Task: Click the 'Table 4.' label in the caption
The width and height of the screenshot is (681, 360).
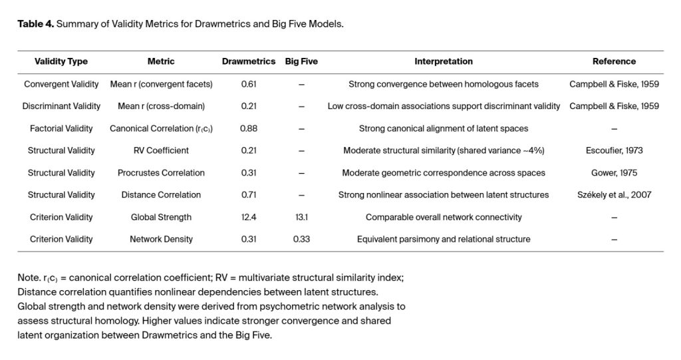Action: coord(35,24)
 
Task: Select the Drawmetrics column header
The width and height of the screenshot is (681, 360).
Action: coord(248,61)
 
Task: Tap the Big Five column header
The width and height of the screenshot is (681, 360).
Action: coord(301,61)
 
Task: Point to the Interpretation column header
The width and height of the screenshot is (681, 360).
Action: coord(443,61)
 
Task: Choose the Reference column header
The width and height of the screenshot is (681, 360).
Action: coord(614,61)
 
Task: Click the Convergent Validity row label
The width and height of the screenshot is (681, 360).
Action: coord(61,85)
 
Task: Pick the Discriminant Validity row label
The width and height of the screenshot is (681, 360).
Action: coord(61,106)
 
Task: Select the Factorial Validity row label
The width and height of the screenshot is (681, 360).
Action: coord(61,128)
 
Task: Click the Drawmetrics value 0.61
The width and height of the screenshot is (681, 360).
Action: coord(248,85)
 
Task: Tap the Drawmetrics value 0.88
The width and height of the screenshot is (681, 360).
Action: coord(248,128)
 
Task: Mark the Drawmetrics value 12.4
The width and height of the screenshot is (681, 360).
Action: coord(248,217)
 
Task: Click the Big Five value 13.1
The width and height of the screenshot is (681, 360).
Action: coord(301,217)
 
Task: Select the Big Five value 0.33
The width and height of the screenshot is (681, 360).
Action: coord(301,239)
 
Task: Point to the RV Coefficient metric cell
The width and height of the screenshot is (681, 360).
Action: coord(161,150)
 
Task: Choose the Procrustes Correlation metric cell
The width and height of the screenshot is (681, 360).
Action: coord(161,172)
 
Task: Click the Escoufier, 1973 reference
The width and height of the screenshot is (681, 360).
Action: coord(614,150)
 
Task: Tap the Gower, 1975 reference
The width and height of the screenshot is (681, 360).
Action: coord(614,172)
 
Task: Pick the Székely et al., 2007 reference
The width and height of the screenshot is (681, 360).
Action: coord(614,195)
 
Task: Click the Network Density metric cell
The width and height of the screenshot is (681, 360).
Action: coord(161,239)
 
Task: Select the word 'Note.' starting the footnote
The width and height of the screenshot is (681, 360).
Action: coord(29,277)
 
